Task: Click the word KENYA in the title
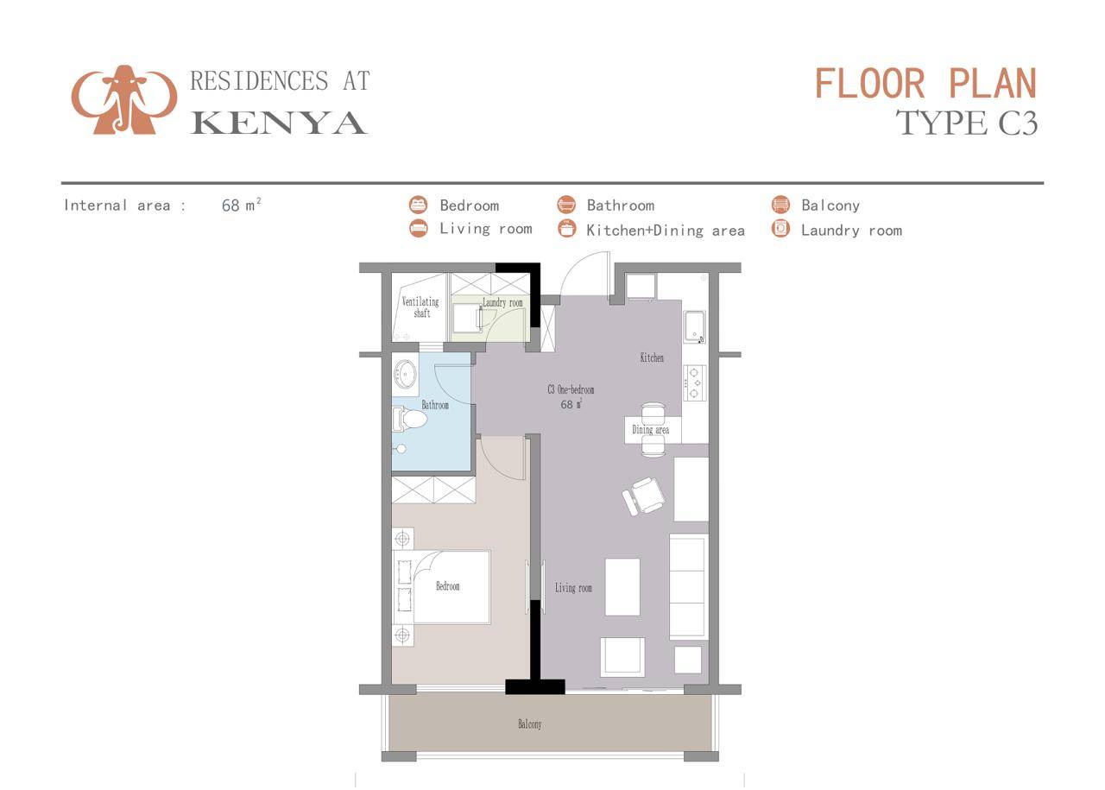click(x=279, y=123)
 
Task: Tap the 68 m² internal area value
click(x=241, y=205)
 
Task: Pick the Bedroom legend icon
click(x=419, y=205)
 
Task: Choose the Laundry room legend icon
click(x=780, y=229)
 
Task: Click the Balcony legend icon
click(x=780, y=205)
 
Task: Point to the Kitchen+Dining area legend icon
click(x=566, y=229)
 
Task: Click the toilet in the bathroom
click(x=411, y=420)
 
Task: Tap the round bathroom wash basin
click(x=405, y=375)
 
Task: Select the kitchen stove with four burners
click(x=695, y=382)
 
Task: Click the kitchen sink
click(x=695, y=327)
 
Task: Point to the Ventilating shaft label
click(x=420, y=307)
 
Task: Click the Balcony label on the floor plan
click(x=530, y=724)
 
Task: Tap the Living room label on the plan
click(x=573, y=588)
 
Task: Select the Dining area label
click(x=650, y=430)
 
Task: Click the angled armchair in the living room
click(x=645, y=496)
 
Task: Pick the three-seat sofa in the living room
click(x=688, y=586)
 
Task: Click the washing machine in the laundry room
click(x=467, y=318)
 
